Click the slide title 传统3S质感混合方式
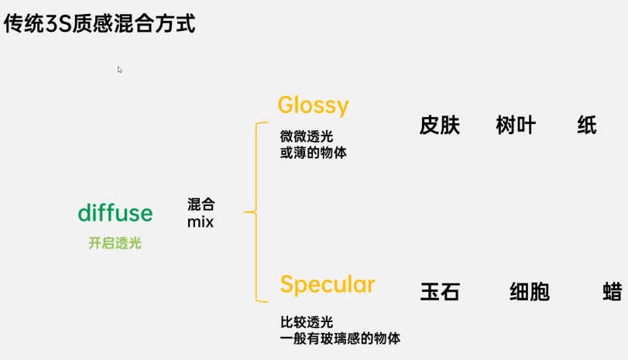(99, 23)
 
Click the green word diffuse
(115, 214)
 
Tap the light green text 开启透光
(115, 243)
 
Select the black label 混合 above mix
(201, 205)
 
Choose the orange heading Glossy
(313, 105)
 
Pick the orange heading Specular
(327, 285)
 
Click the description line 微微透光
(307, 136)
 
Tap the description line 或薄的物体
(313, 153)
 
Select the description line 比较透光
(307, 321)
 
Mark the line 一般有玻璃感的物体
(340, 338)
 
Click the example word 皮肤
(440, 125)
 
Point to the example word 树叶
(516, 125)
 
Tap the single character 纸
(587, 125)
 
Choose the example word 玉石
(440, 292)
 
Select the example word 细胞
(530, 292)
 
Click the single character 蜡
(613, 292)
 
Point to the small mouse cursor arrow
(120, 70)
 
